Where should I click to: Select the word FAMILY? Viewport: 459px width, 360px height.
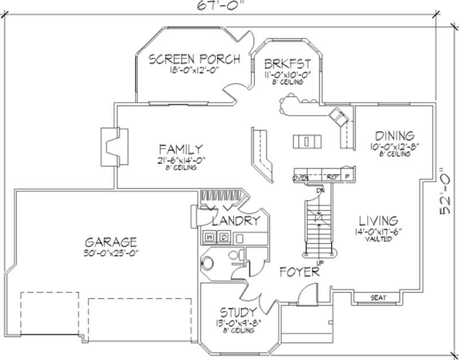pyautogui.click(x=180, y=148)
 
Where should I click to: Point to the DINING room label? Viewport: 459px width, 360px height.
pyautogui.click(x=394, y=136)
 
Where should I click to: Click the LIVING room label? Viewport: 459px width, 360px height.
pyautogui.click(x=378, y=221)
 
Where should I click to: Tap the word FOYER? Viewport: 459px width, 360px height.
pyautogui.click(x=299, y=272)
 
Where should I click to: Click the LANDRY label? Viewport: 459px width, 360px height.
pyautogui.click(x=236, y=220)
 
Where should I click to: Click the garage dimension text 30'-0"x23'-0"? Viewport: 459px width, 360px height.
pyautogui.click(x=110, y=252)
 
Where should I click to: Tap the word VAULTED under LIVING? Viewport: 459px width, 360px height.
pyautogui.click(x=378, y=239)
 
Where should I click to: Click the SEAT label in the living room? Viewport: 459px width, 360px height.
pyautogui.click(x=378, y=297)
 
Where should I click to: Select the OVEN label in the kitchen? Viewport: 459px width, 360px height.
pyautogui.click(x=301, y=177)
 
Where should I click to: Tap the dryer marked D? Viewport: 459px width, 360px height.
pyautogui.click(x=224, y=236)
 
